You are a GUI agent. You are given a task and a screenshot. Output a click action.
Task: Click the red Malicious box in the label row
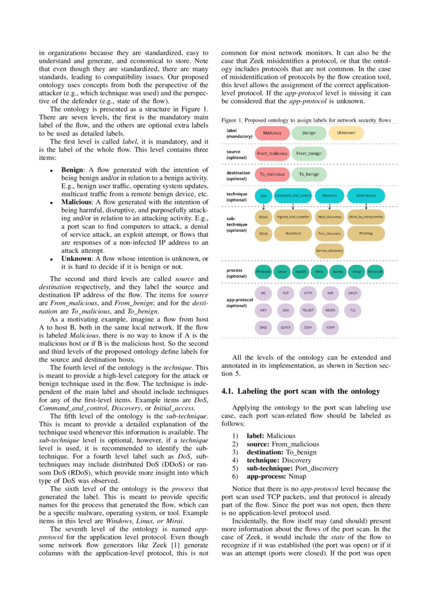[272, 133]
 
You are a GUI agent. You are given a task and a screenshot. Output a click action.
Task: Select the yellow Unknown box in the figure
[346, 133]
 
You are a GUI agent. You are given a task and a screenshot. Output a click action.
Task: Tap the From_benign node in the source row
[309, 154]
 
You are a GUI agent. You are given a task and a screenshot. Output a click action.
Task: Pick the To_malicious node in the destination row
[272, 174]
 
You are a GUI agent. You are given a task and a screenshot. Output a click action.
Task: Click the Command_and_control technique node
[293, 196]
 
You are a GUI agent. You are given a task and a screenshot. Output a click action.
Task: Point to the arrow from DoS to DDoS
[264, 206]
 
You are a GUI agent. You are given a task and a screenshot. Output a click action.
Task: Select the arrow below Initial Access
[366, 206]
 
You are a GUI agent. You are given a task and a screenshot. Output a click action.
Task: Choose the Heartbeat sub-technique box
[293, 234]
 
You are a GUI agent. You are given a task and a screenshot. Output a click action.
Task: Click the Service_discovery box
[330, 251]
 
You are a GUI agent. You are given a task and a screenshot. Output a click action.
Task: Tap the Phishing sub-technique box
[366, 234]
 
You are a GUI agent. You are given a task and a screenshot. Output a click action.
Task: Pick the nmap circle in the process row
[357, 272]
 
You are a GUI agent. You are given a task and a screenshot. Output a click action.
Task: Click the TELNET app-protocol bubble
[308, 311]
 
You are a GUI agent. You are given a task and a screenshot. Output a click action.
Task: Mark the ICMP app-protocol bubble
[330, 328]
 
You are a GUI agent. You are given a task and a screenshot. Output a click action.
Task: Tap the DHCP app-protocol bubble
[353, 293]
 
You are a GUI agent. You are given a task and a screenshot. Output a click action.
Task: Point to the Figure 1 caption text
[306, 120]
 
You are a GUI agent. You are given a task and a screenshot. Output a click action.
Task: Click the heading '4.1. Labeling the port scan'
[301, 391]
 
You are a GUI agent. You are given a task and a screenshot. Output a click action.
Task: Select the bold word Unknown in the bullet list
[77, 259]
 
